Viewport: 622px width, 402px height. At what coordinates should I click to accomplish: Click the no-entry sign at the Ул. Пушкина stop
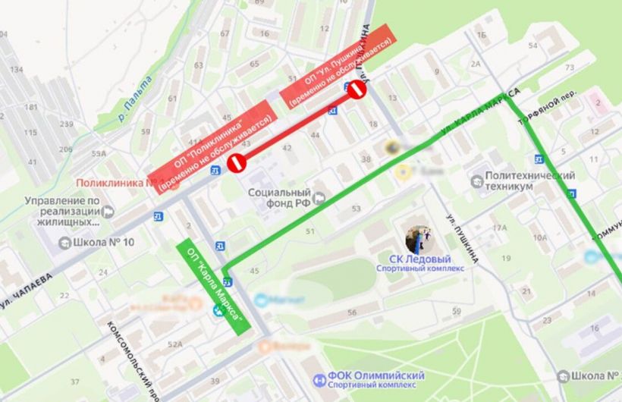(357, 91)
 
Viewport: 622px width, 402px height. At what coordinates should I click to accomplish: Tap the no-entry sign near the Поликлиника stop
(239, 161)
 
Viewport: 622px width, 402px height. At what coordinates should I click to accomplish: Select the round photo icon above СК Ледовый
(419, 239)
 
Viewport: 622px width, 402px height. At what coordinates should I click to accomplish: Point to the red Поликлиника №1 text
(110, 184)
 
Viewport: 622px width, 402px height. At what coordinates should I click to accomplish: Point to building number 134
(15, 69)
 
